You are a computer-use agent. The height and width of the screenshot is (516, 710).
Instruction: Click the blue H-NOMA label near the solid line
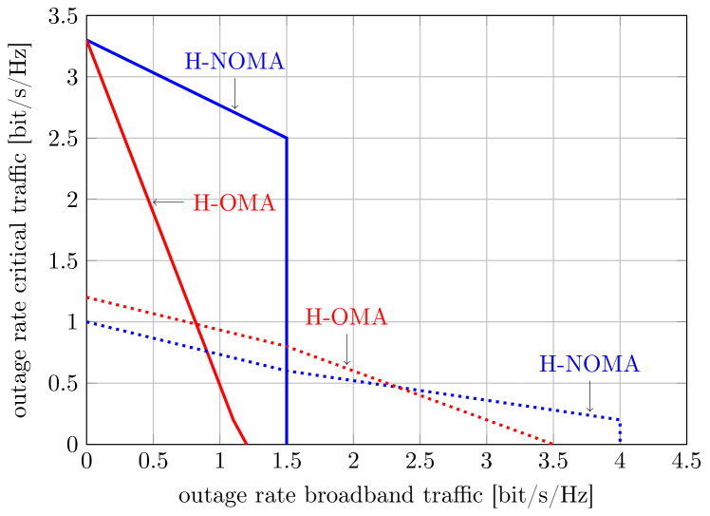point(234,62)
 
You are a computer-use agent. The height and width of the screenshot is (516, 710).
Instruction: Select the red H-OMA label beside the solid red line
point(234,203)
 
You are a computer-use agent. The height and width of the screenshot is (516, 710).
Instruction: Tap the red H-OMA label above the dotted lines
point(346,317)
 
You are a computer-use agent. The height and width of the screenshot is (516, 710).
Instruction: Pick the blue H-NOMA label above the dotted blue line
point(589,365)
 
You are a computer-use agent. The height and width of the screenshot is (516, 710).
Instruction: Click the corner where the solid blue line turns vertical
point(287,138)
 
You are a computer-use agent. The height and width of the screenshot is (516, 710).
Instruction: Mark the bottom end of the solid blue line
point(287,444)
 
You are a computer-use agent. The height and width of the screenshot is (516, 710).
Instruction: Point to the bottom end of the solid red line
point(247,444)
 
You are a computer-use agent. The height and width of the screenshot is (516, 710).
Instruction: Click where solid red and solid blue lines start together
point(87,41)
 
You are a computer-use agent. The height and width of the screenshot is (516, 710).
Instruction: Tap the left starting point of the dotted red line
point(87,297)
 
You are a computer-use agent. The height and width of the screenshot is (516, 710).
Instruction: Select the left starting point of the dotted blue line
point(87,323)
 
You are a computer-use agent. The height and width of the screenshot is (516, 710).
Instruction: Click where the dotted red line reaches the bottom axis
point(552,443)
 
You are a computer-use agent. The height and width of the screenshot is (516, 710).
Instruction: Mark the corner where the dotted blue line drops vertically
point(620,419)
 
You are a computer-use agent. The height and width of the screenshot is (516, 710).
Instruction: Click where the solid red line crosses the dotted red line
point(195,324)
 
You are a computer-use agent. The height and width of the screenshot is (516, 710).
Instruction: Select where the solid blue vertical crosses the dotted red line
point(287,345)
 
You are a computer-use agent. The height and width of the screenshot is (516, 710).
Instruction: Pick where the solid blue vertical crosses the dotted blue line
point(287,369)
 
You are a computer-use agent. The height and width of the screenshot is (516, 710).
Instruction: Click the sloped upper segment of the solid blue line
point(190,90)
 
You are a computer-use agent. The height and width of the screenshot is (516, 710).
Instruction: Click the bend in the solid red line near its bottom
point(232,416)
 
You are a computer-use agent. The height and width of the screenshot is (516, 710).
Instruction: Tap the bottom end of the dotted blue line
point(620,443)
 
